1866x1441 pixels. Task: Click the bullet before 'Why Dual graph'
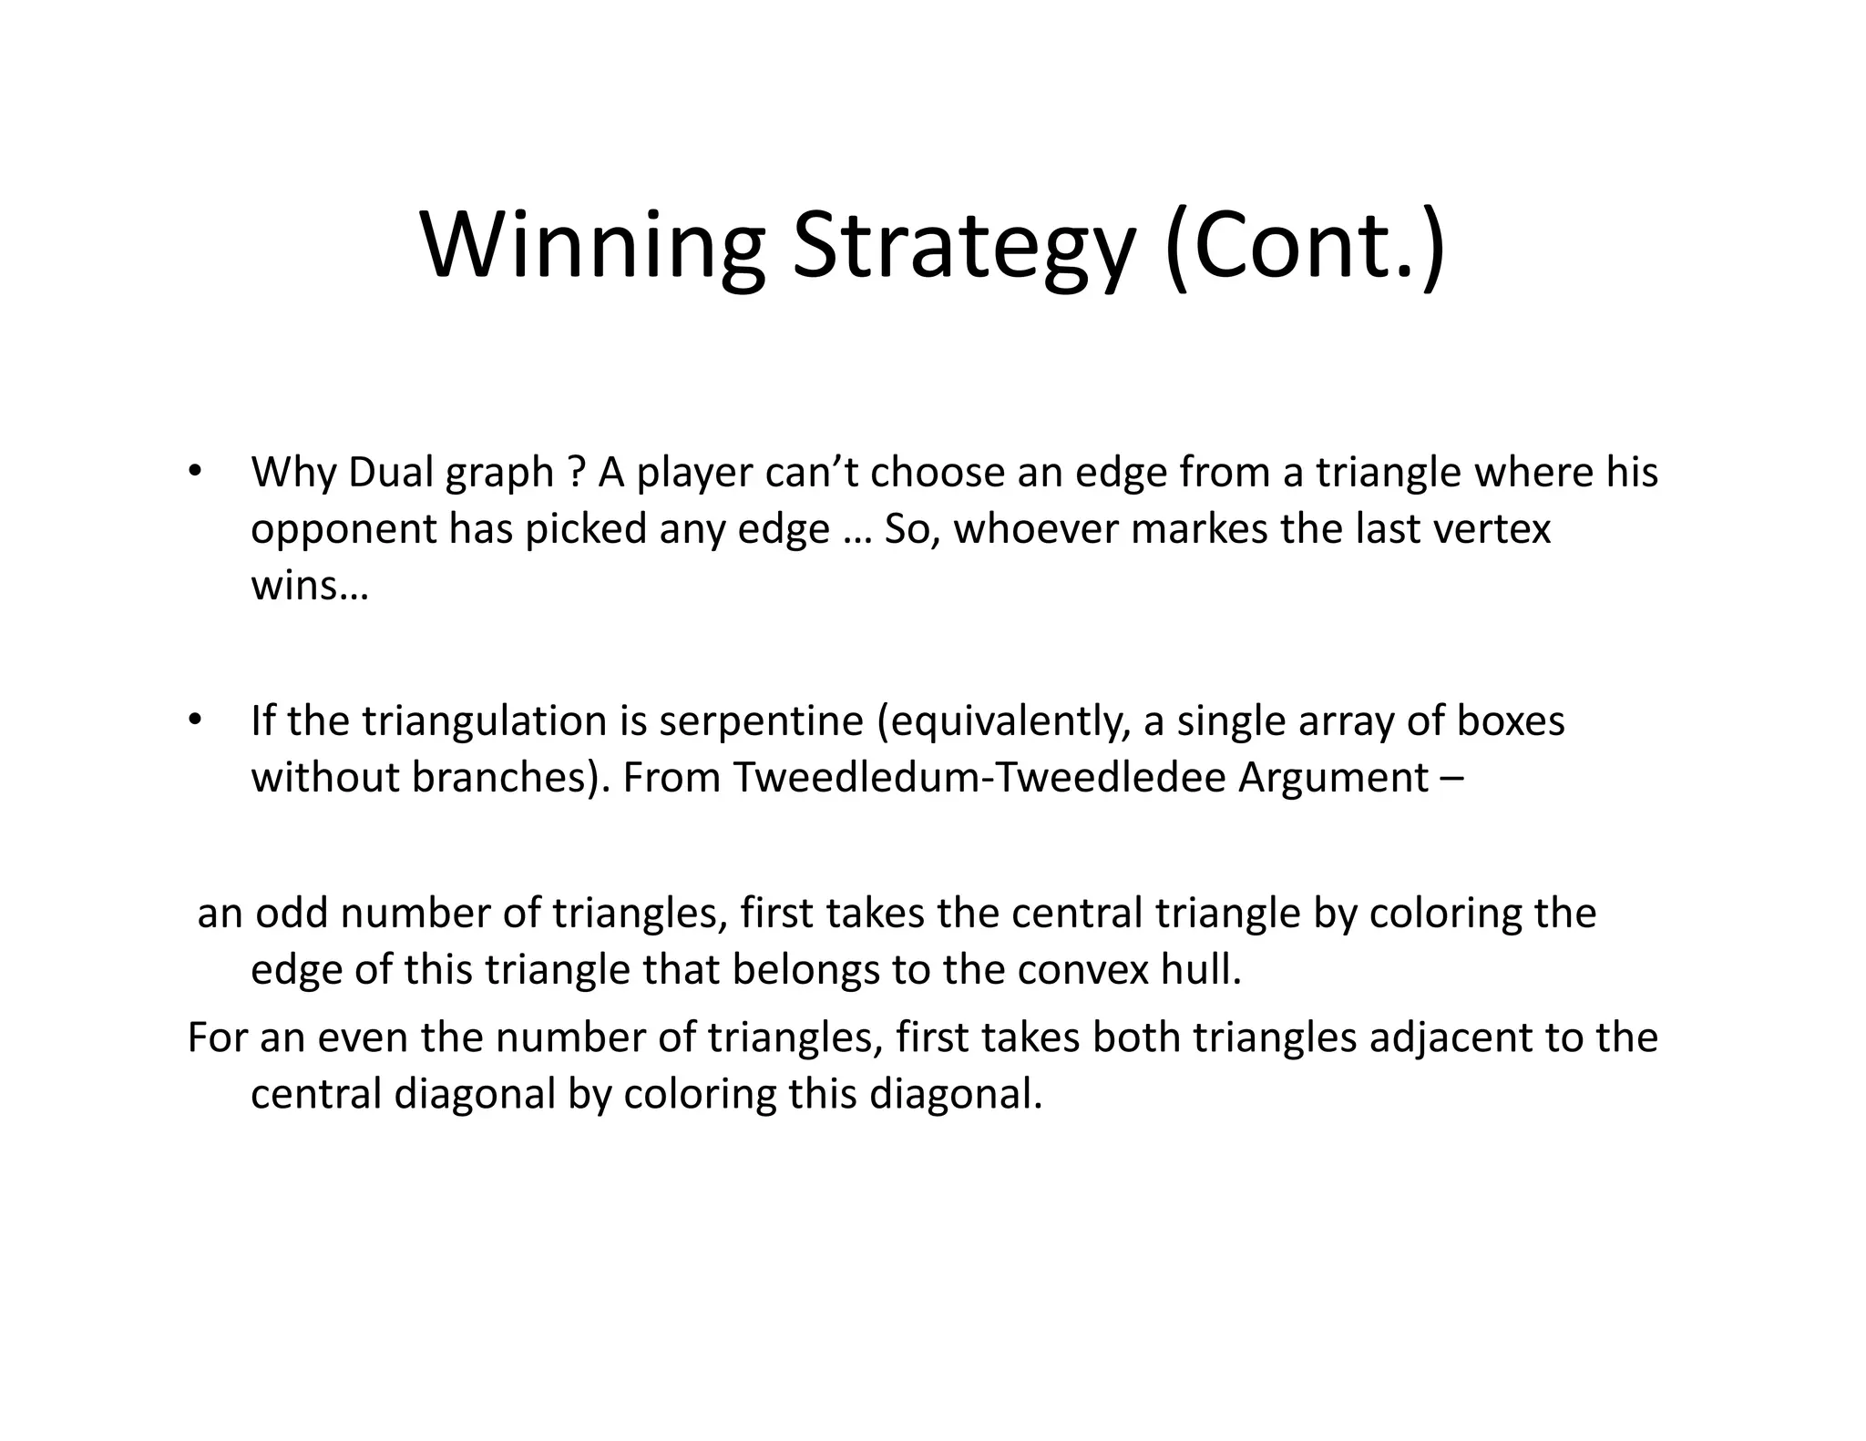pyautogui.click(x=194, y=472)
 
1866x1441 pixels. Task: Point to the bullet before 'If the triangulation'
pyautogui.click(x=194, y=720)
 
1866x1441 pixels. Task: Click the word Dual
pyautogui.click(x=392, y=473)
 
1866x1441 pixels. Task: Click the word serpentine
pyautogui.click(x=761, y=721)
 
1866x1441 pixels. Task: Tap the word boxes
pyautogui.click(x=1511, y=721)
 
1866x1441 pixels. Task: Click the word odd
pyautogui.click(x=292, y=914)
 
